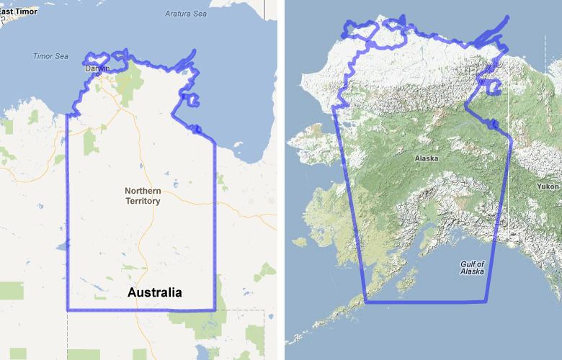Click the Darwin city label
point(97,68)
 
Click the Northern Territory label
point(142,196)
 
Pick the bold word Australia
point(154,292)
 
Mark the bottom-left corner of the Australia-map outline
point(68,310)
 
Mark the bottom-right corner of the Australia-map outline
point(215,310)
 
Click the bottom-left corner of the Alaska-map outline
point(366,302)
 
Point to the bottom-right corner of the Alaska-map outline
point(487,302)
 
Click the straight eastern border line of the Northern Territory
point(215,216)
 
